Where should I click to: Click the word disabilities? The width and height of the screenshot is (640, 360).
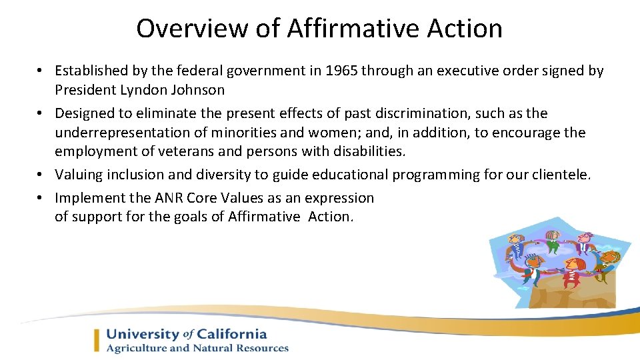click(x=367, y=151)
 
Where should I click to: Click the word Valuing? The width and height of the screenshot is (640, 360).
click(x=78, y=175)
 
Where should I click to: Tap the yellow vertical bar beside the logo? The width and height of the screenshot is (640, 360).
click(x=97, y=341)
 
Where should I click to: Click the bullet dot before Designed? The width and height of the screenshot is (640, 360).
click(x=41, y=114)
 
